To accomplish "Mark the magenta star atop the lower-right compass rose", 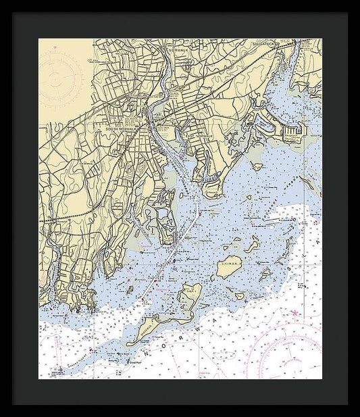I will point(295,313).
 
